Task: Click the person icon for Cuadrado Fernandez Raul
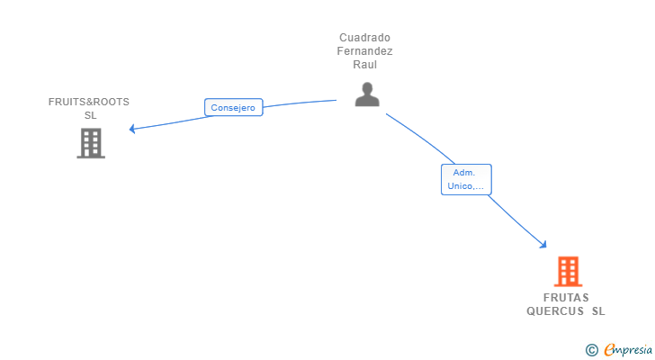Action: click(366, 94)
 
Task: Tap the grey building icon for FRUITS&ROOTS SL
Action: click(91, 143)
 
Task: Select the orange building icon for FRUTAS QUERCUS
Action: click(568, 271)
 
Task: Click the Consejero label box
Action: click(233, 108)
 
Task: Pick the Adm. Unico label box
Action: click(466, 179)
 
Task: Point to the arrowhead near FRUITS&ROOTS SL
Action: click(132, 129)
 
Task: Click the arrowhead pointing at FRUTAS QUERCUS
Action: click(543, 244)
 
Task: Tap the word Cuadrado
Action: click(365, 38)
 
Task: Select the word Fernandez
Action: click(365, 51)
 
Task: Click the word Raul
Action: click(365, 65)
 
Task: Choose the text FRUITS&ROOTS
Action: click(89, 102)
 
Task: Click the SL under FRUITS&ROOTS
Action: click(90, 115)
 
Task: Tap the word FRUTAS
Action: click(566, 298)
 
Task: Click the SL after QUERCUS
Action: click(598, 311)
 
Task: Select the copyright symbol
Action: click(591, 349)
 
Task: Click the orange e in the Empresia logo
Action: click(608, 349)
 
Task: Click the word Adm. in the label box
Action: click(464, 172)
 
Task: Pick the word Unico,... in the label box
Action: click(466, 187)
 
